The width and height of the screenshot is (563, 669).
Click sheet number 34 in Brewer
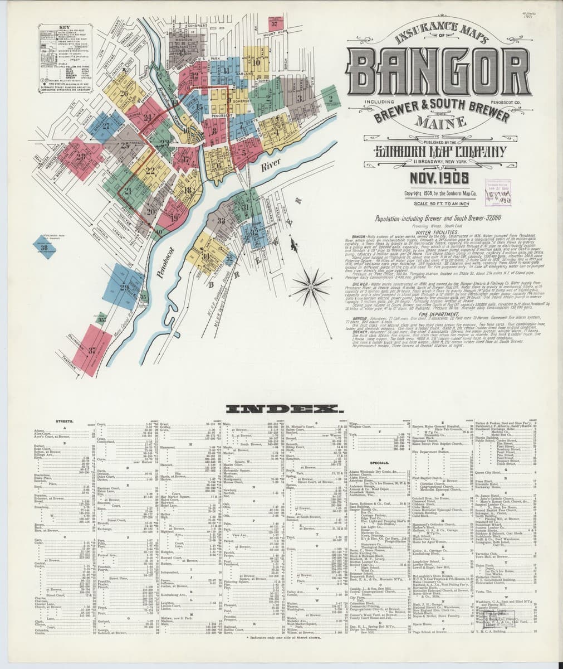[x=207, y=256]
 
